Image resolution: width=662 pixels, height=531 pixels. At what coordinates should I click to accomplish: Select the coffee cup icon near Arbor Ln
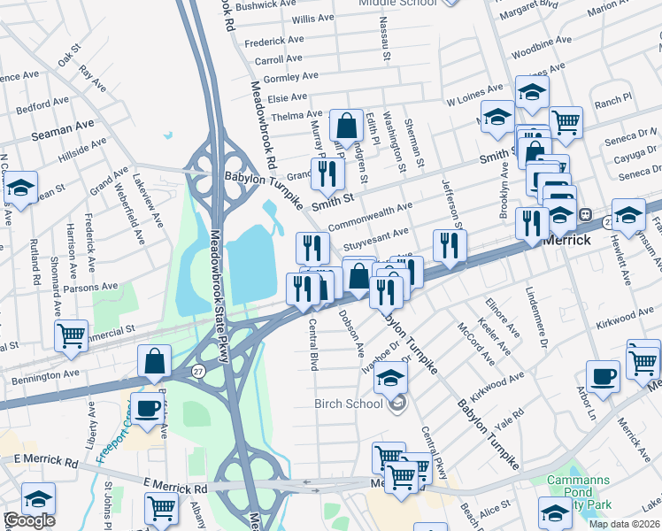[603, 375]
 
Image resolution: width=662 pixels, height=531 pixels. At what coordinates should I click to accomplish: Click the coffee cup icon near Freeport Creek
[148, 408]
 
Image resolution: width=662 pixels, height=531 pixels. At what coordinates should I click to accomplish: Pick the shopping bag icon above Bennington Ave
[154, 360]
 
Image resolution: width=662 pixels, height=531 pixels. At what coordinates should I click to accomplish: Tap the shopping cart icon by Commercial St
[71, 335]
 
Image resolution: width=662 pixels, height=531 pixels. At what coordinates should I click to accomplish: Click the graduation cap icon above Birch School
[390, 378]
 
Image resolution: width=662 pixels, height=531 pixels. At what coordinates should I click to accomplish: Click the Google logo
[28, 520]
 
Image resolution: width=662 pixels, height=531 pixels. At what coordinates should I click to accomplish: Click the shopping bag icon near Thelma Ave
[347, 125]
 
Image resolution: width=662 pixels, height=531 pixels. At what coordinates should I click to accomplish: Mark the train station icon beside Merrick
[585, 214]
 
